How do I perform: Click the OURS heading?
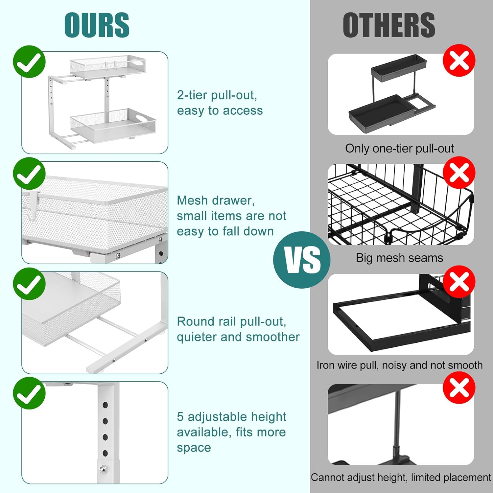point(97,25)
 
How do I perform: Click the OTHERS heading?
point(389,25)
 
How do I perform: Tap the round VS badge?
point(302,260)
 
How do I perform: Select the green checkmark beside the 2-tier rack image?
point(29,61)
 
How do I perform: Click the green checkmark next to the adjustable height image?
point(29,393)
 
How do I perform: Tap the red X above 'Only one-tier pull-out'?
point(459,60)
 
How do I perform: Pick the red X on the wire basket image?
point(459,172)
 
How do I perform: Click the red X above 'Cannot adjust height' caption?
point(459,388)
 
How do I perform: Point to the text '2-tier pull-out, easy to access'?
point(220,103)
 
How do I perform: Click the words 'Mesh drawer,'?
point(216,200)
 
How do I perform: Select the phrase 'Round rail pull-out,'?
point(231,321)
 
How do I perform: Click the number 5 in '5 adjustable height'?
point(180,416)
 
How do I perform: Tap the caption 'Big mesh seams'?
point(399,258)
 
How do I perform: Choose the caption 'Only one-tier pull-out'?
point(399,149)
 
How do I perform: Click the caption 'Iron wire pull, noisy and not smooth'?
point(399,365)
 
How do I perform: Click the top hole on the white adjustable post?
point(105,405)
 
